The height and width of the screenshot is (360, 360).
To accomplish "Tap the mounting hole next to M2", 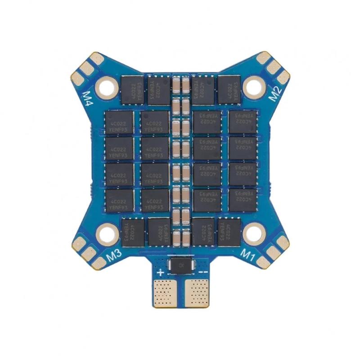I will [x=253, y=85].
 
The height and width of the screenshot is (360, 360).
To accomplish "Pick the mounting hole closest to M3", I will [x=107, y=233].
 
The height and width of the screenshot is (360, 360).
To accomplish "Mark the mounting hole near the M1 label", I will [x=253, y=233].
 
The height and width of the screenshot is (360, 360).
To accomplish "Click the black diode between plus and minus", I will [x=180, y=265].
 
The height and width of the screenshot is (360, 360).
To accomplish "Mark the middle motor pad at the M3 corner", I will [x=87, y=251].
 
